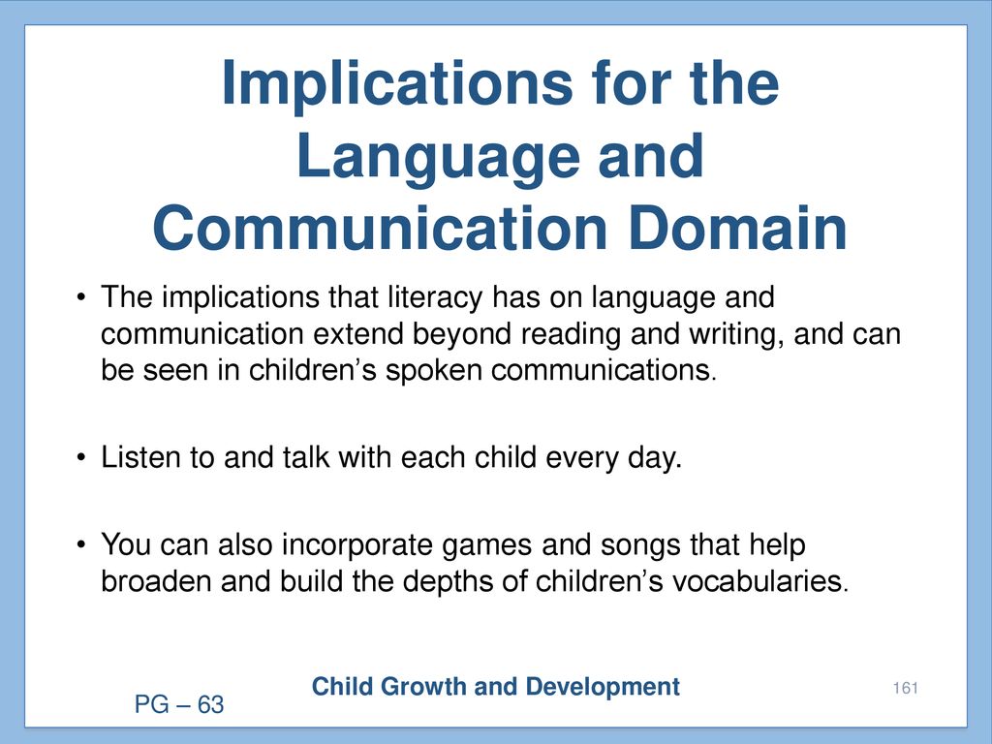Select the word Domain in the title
coord(737,228)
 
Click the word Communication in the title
coord(381,228)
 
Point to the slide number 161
coord(906,689)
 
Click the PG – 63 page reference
coord(179,705)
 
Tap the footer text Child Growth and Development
coord(496,687)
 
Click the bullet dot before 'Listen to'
coord(80,457)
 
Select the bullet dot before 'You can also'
coord(80,544)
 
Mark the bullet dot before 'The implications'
coord(80,296)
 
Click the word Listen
coord(140,457)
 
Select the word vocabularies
coord(759,581)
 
